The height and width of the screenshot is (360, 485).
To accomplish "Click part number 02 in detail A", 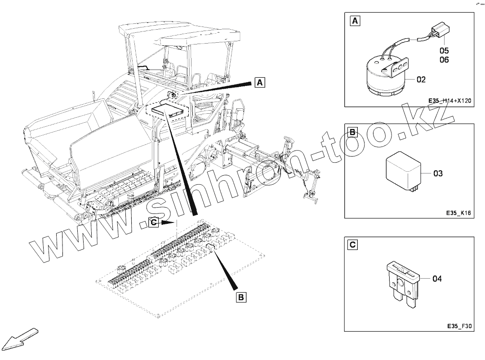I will click(x=421, y=80).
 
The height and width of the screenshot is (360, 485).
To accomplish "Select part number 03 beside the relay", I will click(x=438, y=173).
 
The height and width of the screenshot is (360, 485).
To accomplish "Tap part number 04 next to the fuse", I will click(x=437, y=279).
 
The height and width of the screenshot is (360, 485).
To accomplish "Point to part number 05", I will click(x=444, y=51).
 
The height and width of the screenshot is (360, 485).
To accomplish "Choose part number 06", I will click(x=444, y=60).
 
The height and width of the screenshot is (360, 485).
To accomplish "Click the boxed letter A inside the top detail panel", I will click(x=355, y=21).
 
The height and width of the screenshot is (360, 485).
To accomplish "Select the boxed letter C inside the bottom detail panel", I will click(x=353, y=244).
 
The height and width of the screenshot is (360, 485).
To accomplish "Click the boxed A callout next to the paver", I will click(x=260, y=82).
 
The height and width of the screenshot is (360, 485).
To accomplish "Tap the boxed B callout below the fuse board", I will click(x=241, y=297).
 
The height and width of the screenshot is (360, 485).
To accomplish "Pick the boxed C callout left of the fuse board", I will click(x=154, y=222).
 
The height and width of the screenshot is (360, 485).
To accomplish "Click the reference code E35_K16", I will click(x=458, y=213).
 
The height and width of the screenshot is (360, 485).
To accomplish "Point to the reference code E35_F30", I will click(x=458, y=327).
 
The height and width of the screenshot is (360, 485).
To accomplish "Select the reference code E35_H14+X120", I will click(x=449, y=101).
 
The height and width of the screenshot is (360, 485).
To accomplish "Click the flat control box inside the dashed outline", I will click(x=169, y=110).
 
